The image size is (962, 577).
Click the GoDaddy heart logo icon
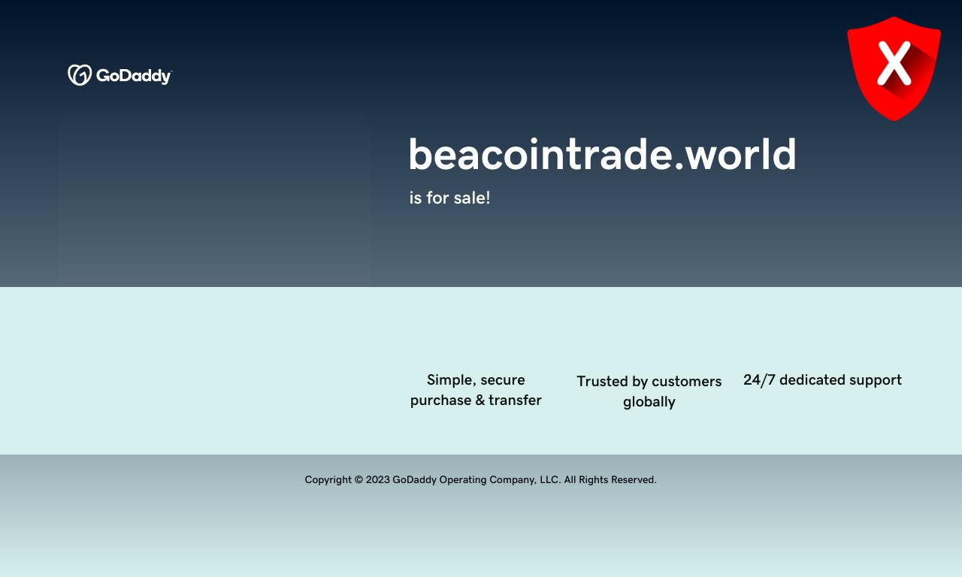tap(80, 75)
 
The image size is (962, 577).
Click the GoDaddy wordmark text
tap(134, 76)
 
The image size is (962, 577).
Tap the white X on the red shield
tap(894, 63)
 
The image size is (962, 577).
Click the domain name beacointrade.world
tap(603, 154)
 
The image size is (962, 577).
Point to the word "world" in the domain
tap(741, 154)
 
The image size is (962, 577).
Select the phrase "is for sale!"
tap(449, 198)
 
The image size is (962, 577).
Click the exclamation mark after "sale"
tap(488, 198)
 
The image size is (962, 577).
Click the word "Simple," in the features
tap(452, 380)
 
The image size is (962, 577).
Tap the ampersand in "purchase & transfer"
tap(479, 400)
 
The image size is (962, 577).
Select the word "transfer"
tap(515, 400)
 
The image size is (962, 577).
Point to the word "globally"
tap(649, 402)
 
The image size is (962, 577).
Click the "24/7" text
tap(759, 380)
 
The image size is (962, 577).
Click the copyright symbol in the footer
tap(358, 479)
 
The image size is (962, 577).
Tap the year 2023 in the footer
tap(378, 479)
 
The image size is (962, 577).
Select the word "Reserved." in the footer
tap(634, 479)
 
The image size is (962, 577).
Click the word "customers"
tap(687, 381)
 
